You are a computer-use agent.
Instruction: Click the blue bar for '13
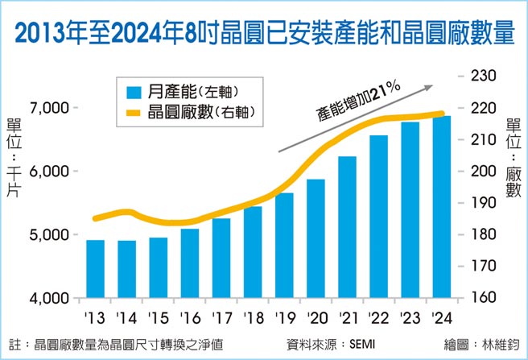[95, 269]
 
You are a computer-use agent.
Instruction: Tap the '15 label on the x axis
[159, 317]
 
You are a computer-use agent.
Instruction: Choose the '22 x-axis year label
[378, 317]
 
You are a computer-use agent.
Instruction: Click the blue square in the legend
[130, 90]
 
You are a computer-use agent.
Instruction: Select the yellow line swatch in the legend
[129, 114]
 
